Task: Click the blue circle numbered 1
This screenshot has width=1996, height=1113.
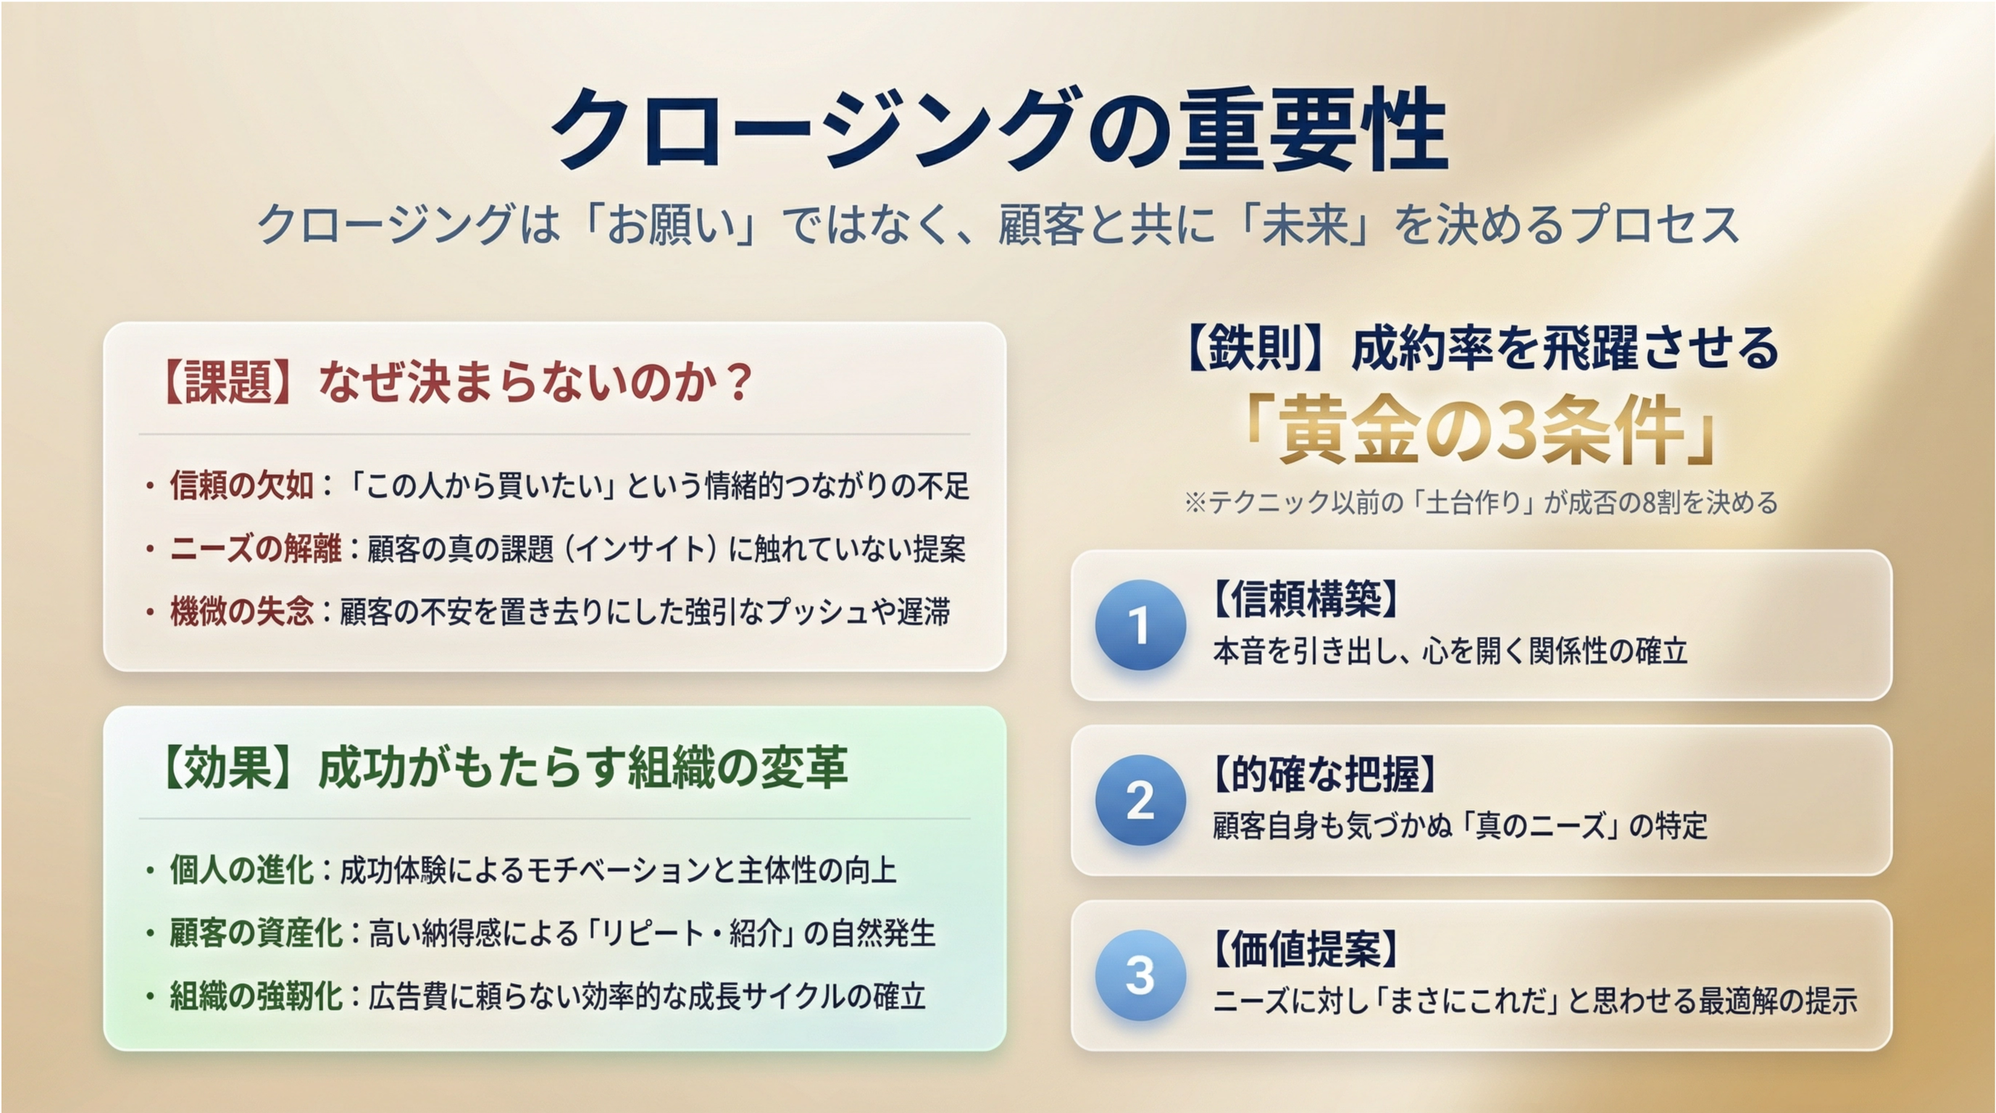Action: pos(1140,625)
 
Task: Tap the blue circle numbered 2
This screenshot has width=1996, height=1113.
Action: pos(1140,800)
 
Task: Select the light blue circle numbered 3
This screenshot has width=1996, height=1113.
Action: pos(1140,975)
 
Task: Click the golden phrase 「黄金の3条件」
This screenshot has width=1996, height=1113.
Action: pos(1481,431)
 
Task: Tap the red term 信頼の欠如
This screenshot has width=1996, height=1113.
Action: pos(242,486)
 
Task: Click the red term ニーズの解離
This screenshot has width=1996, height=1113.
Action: pos(256,549)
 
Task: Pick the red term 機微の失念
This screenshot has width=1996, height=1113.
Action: pos(242,612)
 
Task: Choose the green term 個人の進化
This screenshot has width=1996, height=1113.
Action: pos(242,870)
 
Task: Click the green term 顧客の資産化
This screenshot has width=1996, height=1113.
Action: pos(256,933)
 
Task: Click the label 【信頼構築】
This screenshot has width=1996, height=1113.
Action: pos(1306,599)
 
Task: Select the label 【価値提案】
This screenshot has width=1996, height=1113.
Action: pos(1306,949)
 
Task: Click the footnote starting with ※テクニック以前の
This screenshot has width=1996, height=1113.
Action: pos(1481,503)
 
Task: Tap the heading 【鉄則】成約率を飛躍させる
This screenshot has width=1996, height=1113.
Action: pos(1481,349)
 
